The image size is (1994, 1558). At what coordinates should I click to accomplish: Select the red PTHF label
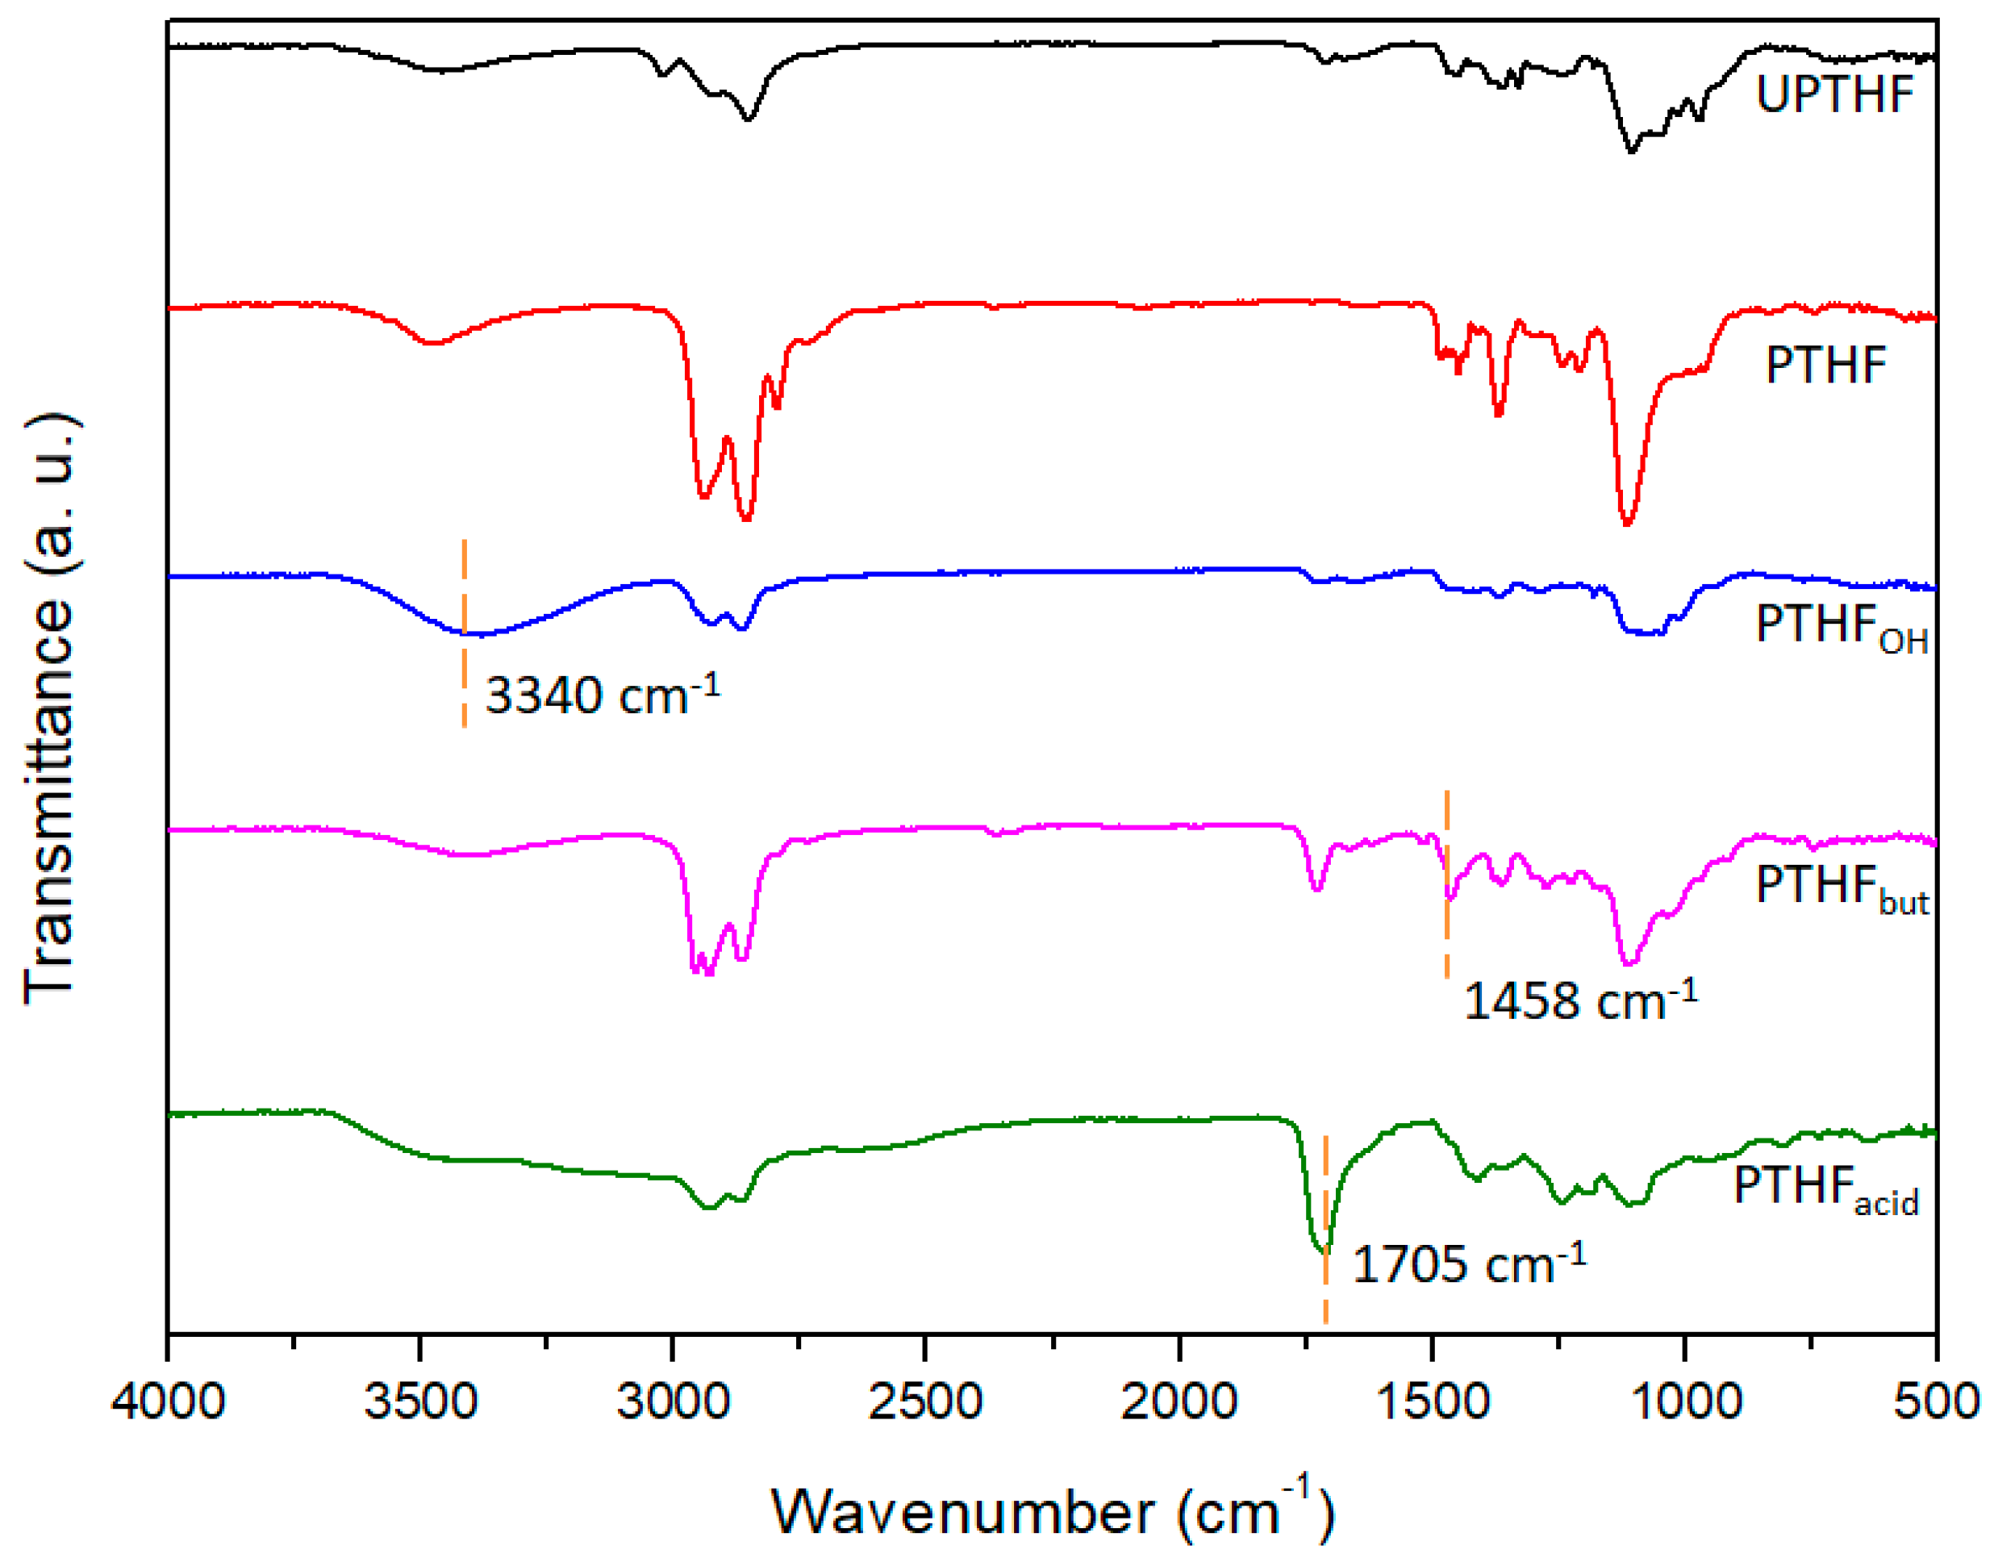tap(1825, 365)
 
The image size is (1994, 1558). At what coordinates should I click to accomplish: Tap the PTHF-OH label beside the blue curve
tap(1840, 628)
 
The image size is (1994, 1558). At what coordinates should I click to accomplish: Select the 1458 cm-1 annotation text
tap(1579, 1003)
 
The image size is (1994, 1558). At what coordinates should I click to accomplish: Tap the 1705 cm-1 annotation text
tap(1468, 1267)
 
